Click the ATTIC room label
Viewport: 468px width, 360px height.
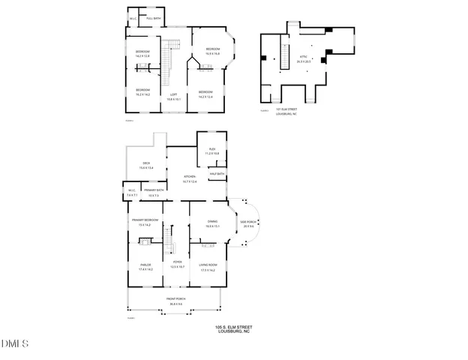pyautogui.click(x=303, y=56)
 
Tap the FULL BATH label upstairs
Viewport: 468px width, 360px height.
pyautogui.click(x=153, y=18)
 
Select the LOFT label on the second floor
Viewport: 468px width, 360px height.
pyautogui.click(x=173, y=94)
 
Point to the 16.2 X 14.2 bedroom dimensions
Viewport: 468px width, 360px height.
pyautogui.click(x=142, y=95)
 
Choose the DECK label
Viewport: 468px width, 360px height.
pyautogui.click(x=145, y=164)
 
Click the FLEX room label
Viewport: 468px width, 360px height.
pyautogui.click(x=211, y=151)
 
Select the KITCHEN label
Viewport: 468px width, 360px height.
pyautogui.click(x=190, y=177)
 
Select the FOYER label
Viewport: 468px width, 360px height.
pyautogui.click(x=177, y=265)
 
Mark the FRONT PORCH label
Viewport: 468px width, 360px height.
pyautogui.click(x=177, y=300)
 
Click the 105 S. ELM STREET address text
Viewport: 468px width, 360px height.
pyautogui.click(x=232, y=327)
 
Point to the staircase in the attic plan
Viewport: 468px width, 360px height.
pyautogui.click(x=284, y=54)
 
